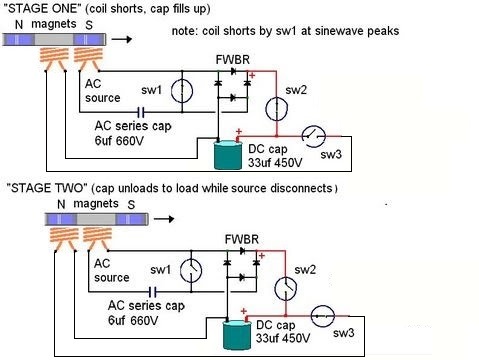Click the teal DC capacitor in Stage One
228,155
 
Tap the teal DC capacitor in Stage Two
237,335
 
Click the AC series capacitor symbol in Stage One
141,112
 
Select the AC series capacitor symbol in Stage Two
152,292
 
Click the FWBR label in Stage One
233,60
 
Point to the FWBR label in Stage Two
242,239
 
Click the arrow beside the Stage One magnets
122,39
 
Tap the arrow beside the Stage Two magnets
164,219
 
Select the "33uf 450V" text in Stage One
275,163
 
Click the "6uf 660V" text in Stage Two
133,321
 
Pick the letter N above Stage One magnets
19,25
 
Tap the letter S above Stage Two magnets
131,205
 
